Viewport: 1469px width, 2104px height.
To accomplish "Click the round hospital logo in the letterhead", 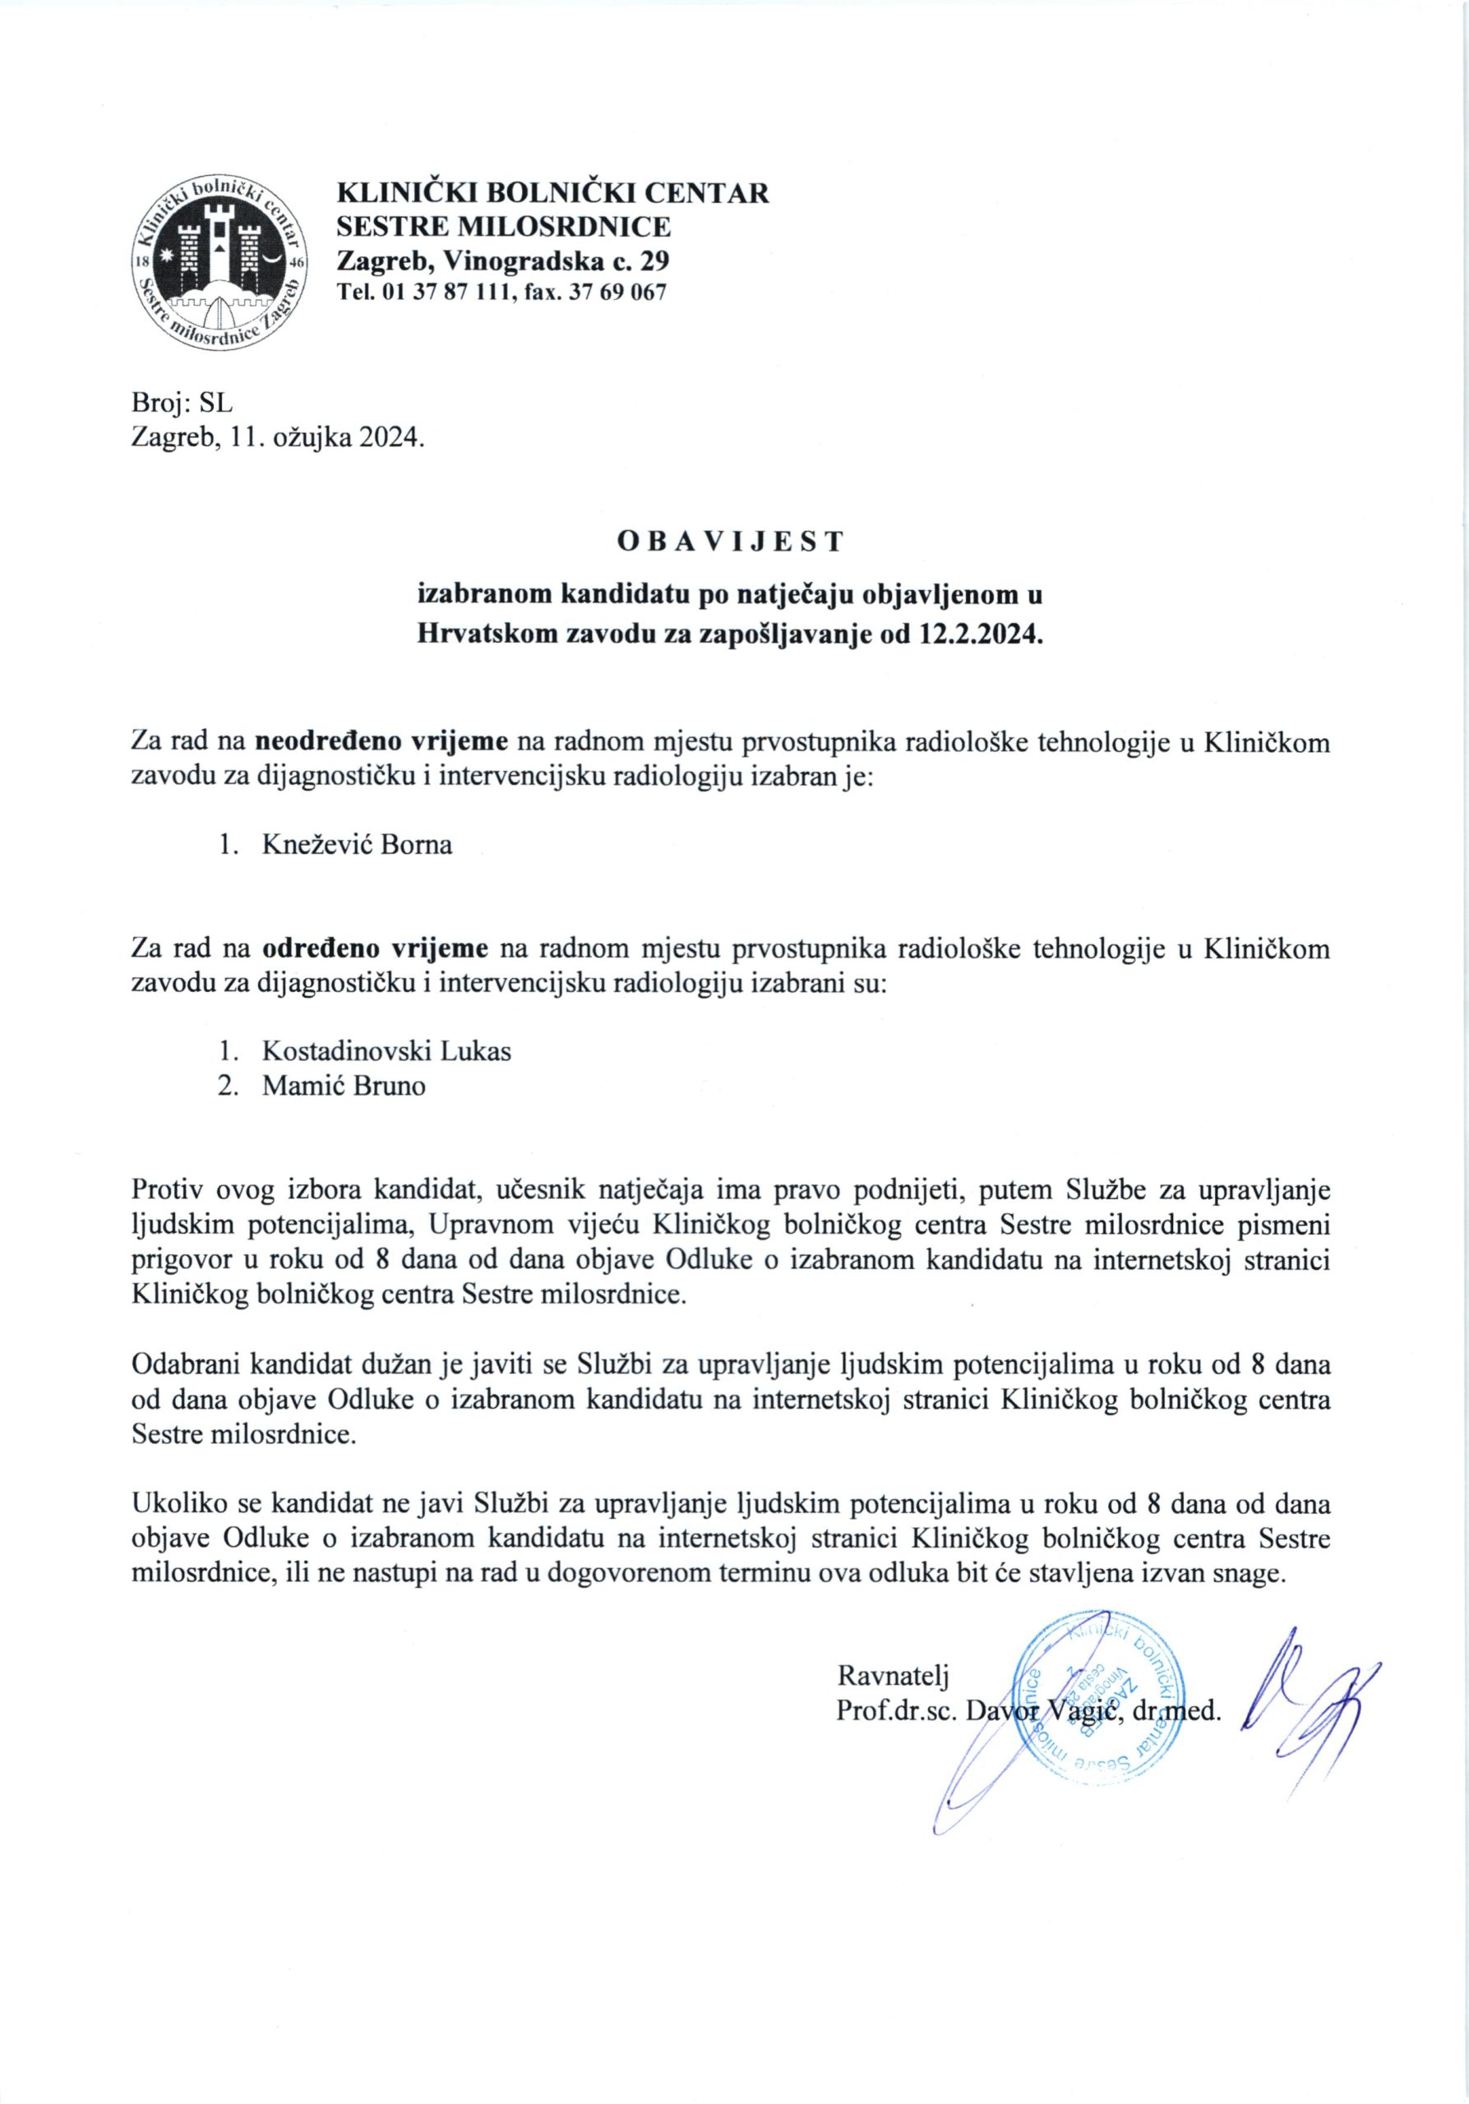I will click(x=220, y=261).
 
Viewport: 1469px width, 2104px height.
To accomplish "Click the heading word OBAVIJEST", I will click(x=730, y=542).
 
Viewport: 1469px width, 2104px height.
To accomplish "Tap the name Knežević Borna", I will click(x=358, y=844).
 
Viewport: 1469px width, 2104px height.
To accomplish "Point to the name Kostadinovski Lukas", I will click(x=386, y=1050).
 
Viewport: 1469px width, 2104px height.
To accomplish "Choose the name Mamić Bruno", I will click(x=344, y=1087).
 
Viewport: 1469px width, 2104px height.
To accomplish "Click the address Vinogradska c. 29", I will click(x=557, y=261).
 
